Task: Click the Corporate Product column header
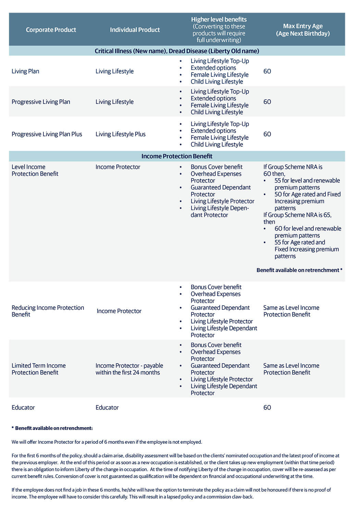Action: click(51, 30)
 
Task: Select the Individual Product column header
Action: click(135, 30)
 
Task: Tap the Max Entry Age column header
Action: click(303, 30)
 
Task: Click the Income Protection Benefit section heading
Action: click(177, 156)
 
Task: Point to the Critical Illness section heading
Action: click(177, 51)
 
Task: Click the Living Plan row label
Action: click(25, 71)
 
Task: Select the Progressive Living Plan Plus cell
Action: click(47, 134)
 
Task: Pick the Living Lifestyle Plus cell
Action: click(120, 134)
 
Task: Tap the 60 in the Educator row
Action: click(267, 407)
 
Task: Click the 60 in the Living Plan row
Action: click(267, 71)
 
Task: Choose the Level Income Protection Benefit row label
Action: click(35, 170)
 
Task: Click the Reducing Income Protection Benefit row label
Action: click(48, 311)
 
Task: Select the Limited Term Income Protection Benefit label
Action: click(38, 369)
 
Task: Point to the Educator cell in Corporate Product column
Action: click(23, 407)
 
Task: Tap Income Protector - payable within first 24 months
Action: click(129, 369)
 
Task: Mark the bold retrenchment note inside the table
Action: click(299, 270)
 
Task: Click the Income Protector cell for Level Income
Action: click(118, 167)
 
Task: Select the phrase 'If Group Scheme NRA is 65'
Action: click(297, 215)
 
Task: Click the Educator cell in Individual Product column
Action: click(107, 407)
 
